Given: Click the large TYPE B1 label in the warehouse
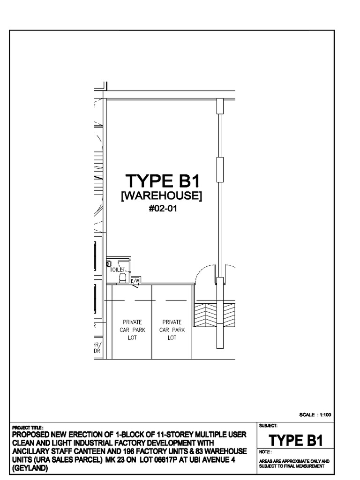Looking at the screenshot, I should click(162, 181).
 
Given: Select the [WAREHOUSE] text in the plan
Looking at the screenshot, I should click(162, 196).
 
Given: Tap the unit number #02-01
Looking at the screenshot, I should click(162, 209).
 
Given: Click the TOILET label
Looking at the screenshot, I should click(117, 270).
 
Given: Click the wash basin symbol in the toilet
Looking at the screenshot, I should click(109, 264).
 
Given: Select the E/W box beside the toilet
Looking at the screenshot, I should click(135, 281).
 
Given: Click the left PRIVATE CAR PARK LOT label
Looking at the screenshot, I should click(132, 330).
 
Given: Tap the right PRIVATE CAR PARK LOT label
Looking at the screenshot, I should click(172, 330).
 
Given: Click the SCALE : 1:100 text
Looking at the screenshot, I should click(315, 414).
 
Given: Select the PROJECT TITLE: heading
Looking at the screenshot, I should click(29, 427).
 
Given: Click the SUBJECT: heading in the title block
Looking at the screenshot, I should click(268, 426).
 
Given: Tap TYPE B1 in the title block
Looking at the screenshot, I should click(295, 440).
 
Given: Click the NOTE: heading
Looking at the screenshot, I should click(265, 452).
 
